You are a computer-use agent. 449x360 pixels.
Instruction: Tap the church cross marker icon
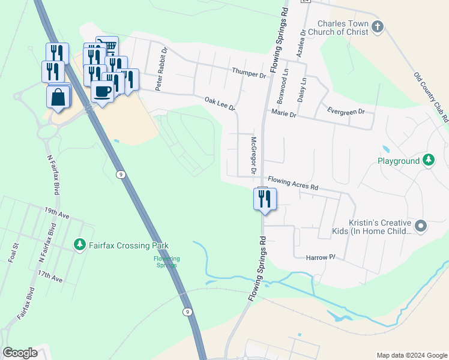coord(377,26)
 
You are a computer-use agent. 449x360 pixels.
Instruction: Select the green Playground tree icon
coord(428,160)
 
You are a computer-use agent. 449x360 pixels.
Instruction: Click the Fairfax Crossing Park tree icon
coord(79,244)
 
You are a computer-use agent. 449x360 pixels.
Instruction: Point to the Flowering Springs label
coord(167,262)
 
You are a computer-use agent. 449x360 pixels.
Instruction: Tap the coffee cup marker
coord(102,92)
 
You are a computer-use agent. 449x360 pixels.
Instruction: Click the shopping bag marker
coord(58,98)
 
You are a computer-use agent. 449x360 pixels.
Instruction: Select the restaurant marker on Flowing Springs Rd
coord(265,199)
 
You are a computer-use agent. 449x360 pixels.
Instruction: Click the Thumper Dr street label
coord(249,72)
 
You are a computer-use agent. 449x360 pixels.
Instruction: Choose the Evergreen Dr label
coord(346,111)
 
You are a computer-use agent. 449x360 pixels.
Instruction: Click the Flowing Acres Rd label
coord(292,183)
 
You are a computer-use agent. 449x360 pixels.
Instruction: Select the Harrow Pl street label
coord(320,257)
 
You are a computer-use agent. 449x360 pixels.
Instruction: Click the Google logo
coord(20,353)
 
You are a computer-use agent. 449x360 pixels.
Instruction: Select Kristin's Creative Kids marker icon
coord(421,226)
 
